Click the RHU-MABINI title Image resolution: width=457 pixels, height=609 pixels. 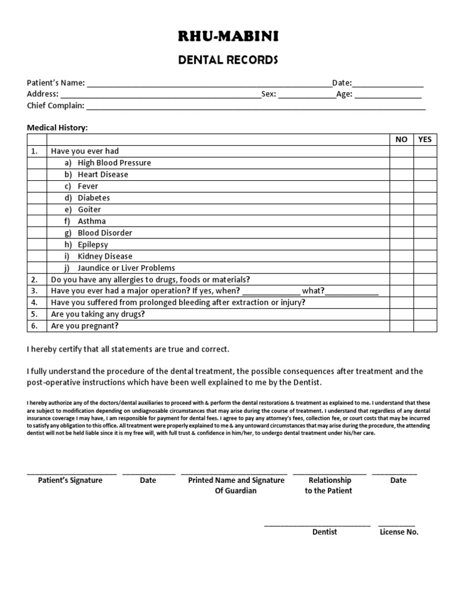[228, 37]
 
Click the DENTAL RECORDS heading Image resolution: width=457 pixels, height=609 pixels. [228, 60]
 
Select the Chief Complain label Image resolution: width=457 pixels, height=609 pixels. [56, 106]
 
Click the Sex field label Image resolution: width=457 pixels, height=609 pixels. [269, 94]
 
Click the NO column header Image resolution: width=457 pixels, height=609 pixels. [402, 139]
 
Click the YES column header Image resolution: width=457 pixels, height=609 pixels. [425, 139]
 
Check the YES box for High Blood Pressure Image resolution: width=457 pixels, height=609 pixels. [425, 163]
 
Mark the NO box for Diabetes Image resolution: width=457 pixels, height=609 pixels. [402, 198]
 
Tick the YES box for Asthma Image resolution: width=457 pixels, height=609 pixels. [425, 221]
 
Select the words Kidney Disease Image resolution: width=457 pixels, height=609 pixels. [105, 256]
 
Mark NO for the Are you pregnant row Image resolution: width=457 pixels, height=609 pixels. [402, 326]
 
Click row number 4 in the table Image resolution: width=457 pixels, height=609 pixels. [35, 303]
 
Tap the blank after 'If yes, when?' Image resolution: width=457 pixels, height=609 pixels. [271, 291]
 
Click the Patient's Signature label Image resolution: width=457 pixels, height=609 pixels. [70, 480]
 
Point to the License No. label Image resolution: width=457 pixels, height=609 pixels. [399, 532]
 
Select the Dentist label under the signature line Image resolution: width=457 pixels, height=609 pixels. [324, 532]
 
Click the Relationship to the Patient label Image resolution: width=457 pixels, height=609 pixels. [329, 485]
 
